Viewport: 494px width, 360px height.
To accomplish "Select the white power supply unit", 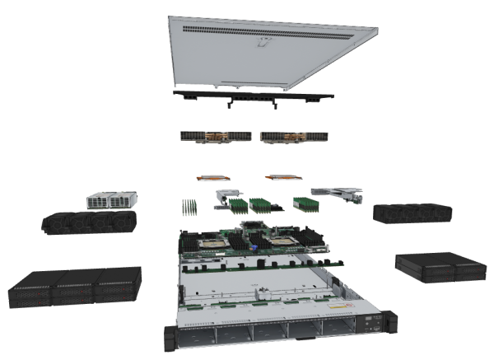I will [x=112, y=199].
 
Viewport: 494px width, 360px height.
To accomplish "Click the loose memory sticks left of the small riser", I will [x=189, y=206].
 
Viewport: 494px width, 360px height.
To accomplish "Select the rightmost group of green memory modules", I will [x=305, y=203].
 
